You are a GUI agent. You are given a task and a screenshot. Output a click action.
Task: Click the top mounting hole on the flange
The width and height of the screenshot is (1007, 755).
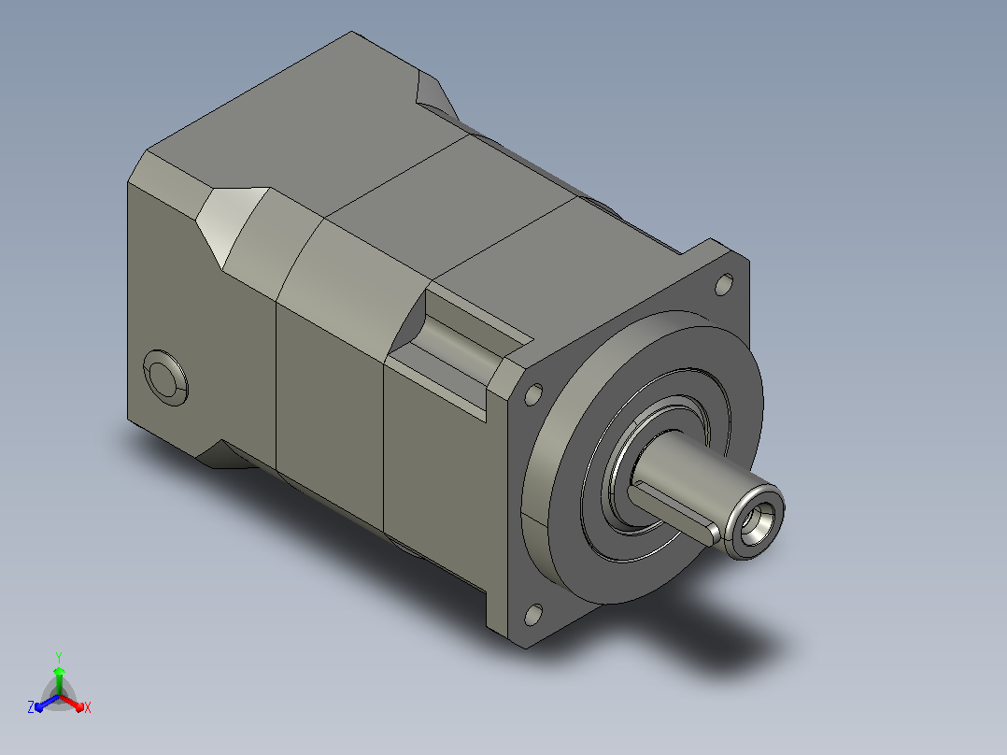pos(724,284)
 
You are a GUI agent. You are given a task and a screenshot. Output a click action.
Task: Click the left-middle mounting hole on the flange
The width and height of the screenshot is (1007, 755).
pos(533,394)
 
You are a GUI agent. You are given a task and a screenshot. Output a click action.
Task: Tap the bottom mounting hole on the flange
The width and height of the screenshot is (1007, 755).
pos(532,615)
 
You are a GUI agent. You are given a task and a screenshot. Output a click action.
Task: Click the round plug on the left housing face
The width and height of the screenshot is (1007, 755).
pos(165,377)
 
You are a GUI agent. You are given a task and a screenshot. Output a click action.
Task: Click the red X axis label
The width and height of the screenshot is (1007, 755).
pos(88,707)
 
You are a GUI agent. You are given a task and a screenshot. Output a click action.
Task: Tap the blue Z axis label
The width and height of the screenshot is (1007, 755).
pos(30,707)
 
